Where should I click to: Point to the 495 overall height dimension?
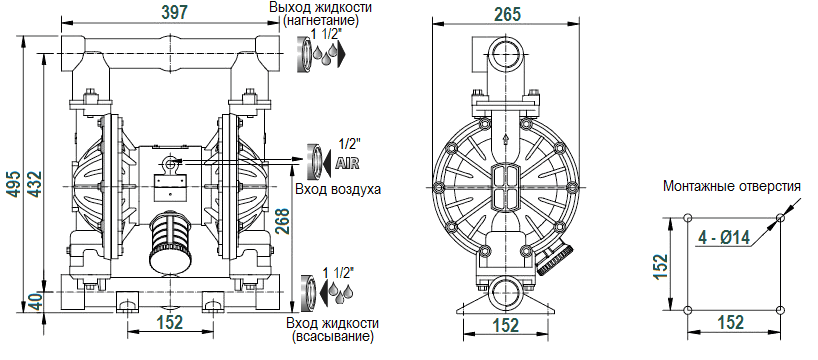click(12, 181)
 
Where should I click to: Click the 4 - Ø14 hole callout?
click(726, 238)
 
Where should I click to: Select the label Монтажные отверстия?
click(732, 186)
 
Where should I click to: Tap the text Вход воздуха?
click(338, 189)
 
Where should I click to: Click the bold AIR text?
click(347, 163)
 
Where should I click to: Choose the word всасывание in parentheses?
click(332, 337)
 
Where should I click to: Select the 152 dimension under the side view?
click(508, 324)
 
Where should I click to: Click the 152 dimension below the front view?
click(171, 322)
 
